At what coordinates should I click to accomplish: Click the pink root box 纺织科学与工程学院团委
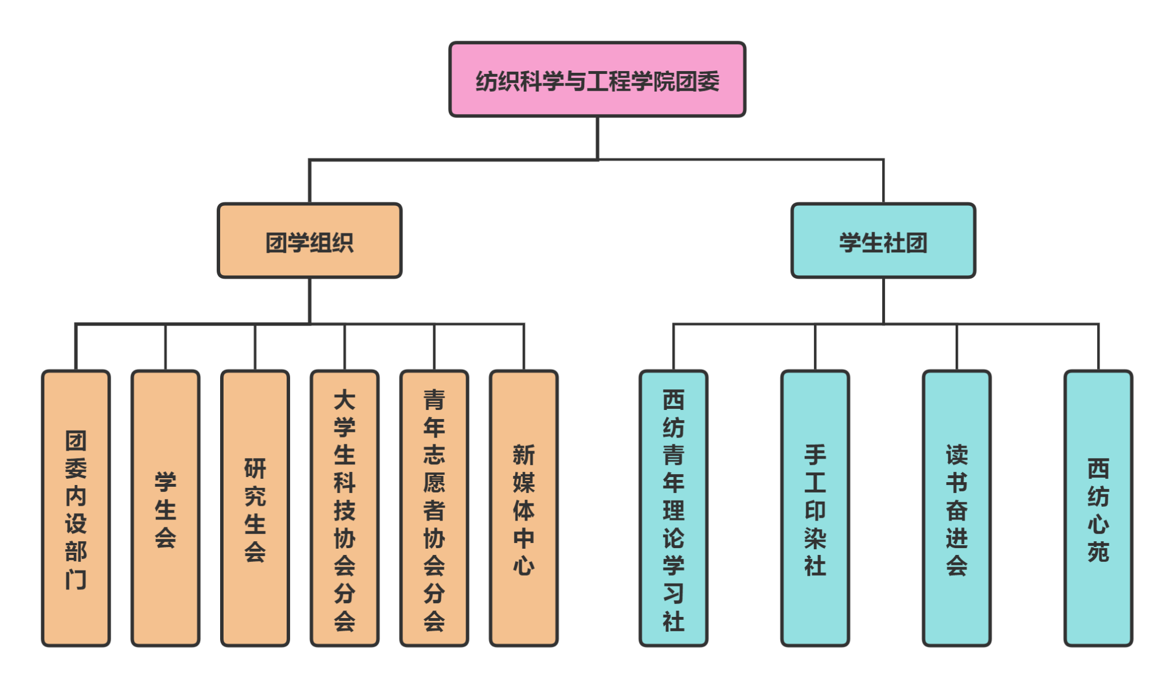coord(597,80)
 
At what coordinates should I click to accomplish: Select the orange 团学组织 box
coord(310,241)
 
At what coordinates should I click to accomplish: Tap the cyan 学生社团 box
coord(883,241)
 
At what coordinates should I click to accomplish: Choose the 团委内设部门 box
coord(76,508)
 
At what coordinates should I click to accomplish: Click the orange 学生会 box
coord(166,508)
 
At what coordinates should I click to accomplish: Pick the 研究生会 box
coord(255,508)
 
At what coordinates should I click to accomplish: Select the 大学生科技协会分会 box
coord(345,508)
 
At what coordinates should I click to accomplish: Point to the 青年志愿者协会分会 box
coord(434,508)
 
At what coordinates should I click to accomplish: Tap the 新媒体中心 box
coord(523,508)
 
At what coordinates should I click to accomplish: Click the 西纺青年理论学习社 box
coord(674,508)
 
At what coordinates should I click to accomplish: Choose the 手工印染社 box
coord(815,508)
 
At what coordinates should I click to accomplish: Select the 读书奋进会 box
coord(956,508)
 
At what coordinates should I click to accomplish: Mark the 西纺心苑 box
coord(1098,508)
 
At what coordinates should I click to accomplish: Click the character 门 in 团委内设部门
coord(76,579)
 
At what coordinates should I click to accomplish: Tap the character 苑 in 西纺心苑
coord(1098,552)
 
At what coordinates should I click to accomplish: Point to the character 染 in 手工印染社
coord(815,538)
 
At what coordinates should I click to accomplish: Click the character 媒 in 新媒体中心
coord(523,483)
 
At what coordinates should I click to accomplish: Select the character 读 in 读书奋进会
coord(956,455)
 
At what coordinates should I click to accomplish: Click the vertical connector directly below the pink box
coord(597,138)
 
